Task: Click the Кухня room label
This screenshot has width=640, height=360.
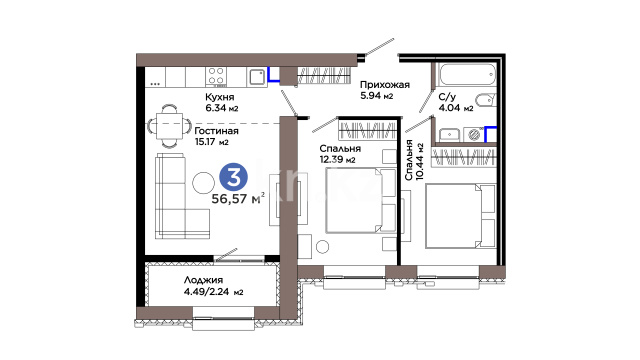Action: point(220,97)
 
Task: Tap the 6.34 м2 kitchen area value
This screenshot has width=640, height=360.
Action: point(222,108)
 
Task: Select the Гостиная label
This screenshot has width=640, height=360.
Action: point(216,131)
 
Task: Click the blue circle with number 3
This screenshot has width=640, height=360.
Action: point(233,177)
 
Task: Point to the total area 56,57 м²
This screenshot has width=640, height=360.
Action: point(238,199)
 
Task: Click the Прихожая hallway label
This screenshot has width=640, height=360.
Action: point(384,85)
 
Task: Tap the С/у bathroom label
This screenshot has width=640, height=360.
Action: point(447,97)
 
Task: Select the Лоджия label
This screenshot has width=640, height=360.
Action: point(203,280)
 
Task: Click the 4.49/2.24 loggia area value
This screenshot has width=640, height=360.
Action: point(213,292)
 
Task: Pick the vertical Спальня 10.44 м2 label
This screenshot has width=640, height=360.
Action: point(414,160)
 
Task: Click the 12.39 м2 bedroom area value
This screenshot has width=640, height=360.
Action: point(338,160)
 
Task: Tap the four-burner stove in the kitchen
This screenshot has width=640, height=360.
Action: point(216,76)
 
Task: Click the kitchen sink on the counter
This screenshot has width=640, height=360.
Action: point(257,77)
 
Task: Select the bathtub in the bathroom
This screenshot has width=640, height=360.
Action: point(466,74)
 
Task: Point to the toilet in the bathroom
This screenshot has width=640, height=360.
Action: point(486,100)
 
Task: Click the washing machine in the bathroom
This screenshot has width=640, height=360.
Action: point(473,135)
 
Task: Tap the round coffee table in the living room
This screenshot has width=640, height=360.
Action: point(203,183)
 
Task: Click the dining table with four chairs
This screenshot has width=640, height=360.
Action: point(169,126)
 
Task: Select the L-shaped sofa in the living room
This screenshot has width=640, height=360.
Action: point(182,196)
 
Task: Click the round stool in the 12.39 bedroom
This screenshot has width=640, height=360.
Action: point(322,247)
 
